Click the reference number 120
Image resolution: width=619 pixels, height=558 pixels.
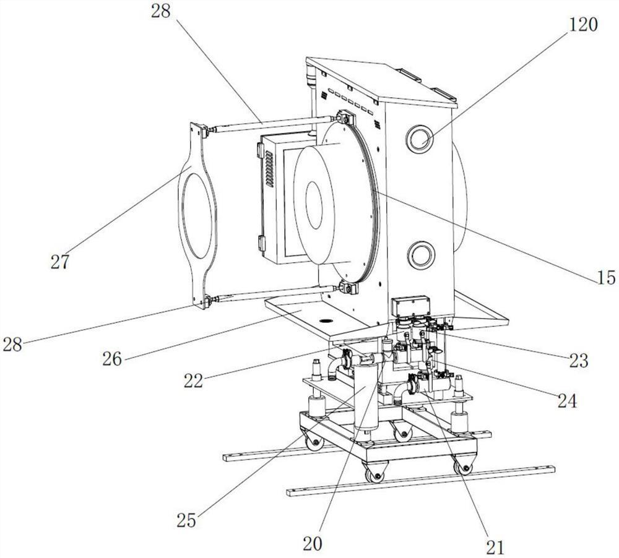pyautogui.click(x=582, y=25)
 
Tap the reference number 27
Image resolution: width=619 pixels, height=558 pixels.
pyautogui.click(x=59, y=261)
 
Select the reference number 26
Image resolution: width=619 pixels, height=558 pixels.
pyautogui.click(x=112, y=359)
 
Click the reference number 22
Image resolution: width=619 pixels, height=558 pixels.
pyautogui.click(x=193, y=380)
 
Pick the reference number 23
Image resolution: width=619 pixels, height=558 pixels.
pyautogui.click(x=578, y=360)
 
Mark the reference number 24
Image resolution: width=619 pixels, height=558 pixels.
pyautogui.click(x=567, y=401)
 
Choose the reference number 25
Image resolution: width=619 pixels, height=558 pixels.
pyautogui.click(x=186, y=520)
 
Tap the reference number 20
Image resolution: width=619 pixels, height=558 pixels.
pyautogui.click(x=313, y=544)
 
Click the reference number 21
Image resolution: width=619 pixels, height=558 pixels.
pyautogui.click(x=495, y=547)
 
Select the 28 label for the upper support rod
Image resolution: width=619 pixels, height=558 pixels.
pyautogui.click(x=161, y=11)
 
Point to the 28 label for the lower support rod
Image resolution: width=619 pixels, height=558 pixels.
pyautogui.click(x=12, y=345)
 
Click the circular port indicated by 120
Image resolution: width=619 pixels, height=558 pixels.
pyautogui.click(x=420, y=139)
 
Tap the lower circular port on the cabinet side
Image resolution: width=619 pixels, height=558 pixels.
pyautogui.click(x=421, y=254)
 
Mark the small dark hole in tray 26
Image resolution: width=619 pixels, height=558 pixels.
pyautogui.click(x=326, y=320)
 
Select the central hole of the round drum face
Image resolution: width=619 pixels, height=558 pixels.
pyautogui.click(x=314, y=205)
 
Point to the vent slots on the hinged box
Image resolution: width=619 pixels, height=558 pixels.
pyautogui.click(x=269, y=170)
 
